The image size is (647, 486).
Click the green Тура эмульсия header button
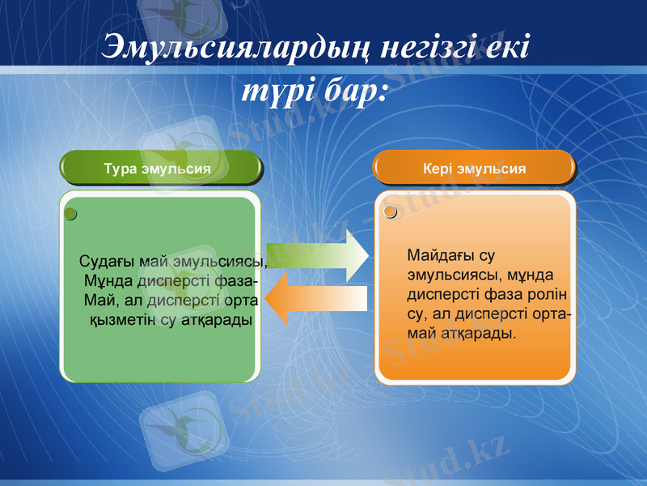coord(162,168)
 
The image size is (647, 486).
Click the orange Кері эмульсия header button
coord(474,168)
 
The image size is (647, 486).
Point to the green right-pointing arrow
coord(317,255)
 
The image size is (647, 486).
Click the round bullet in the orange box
coord(391,212)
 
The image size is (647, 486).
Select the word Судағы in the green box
coord(107,262)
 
